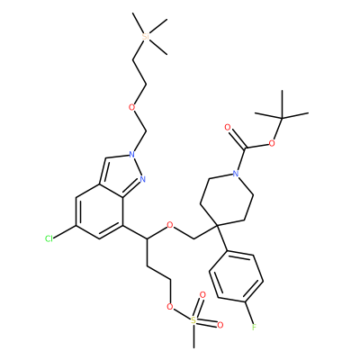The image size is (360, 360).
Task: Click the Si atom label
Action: tap(146, 36)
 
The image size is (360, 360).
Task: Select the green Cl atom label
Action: tap(49, 238)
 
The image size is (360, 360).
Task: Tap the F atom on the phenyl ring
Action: tap(254, 327)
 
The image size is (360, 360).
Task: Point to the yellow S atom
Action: tap(193, 321)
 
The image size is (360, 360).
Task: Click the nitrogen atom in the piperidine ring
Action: tap(236, 174)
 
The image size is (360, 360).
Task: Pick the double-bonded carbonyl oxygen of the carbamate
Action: tap(228, 128)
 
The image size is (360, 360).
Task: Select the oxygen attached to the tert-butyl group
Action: tap(272, 143)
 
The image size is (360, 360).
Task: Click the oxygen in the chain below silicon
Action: tap(132, 107)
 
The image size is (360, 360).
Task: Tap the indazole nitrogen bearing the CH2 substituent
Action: tap(131, 155)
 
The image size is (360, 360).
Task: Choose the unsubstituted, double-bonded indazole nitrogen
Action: tap(142, 179)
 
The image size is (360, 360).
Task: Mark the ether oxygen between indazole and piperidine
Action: tap(170, 225)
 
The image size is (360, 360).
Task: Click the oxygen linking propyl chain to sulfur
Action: tap(170, 307)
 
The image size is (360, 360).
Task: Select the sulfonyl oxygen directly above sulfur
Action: tap(202, 295)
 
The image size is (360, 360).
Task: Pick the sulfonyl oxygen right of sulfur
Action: tap(220, 325)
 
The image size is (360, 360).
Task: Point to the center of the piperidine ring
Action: tap(227, 199)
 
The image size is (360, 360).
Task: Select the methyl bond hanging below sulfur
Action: tap(193, 337)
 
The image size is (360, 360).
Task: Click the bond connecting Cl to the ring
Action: tap(65, 231)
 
